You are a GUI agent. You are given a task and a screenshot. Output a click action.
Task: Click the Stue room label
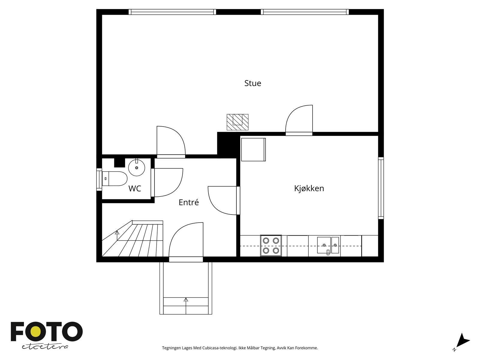point(253,83)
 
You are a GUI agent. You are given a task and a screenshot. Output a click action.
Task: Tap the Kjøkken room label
point(309,189)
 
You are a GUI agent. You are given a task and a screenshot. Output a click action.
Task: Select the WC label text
point(135,189)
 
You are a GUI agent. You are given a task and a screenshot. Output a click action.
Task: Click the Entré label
point(189,202)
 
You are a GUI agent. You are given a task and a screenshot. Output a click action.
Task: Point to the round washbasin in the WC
point(137,168)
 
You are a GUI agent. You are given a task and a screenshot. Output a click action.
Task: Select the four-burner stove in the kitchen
point(271,245)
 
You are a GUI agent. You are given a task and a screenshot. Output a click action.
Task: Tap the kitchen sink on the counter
point(328,245)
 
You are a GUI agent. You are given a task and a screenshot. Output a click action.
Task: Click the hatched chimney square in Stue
point(237,122)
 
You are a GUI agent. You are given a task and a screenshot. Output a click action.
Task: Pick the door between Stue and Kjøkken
point(299,120)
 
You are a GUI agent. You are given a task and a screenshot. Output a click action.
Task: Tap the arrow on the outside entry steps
point(186,299)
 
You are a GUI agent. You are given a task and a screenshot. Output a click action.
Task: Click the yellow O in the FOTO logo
point(37,332)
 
